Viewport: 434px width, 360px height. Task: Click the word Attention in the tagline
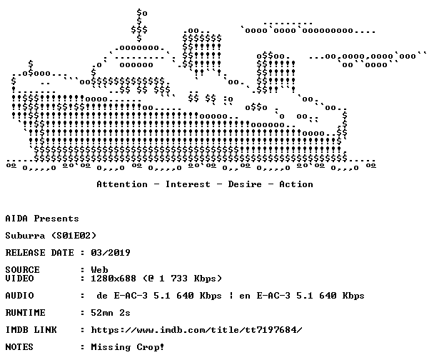coord(122,184)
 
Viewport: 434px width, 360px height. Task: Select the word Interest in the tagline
coord(188,184)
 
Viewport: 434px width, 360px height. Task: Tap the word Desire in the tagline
coord(245,184)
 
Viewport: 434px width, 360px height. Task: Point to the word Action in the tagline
coord(296,184)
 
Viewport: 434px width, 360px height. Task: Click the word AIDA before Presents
coord(16,219)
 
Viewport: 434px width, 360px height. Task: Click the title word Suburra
coord(25,236)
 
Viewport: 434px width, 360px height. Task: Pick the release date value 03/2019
coord(111,253)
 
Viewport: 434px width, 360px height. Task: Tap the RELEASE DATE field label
coord(39,253)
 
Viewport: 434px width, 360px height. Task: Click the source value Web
coord(99,270)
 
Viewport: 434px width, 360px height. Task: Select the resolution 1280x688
coord(113,279)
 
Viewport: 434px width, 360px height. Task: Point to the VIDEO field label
coord(19,279)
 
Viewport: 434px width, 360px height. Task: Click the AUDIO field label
coord(19,296)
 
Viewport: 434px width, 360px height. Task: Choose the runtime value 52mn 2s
coord(111,313)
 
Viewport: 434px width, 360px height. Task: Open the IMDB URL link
coord(196,330)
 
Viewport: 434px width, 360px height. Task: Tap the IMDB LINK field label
coord(31,330)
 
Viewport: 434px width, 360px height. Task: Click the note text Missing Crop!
coord(128,347)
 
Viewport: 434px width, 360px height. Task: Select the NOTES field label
coord(19,347)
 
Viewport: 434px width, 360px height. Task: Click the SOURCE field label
coord(22,270)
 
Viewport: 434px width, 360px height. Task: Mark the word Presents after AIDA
coord(56,219)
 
